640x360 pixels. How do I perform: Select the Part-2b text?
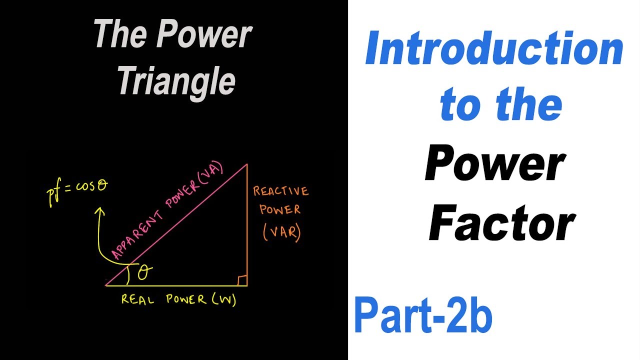click(x=423, y=316)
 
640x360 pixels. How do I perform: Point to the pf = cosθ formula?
click(x=78, y=190)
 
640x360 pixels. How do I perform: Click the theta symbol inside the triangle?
click(x=144, y=271)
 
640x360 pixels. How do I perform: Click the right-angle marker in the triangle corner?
click(x=242, y=280)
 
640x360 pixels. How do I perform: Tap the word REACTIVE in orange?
click(x=280, y=191)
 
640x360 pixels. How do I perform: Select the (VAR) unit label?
click(x=281, y=232)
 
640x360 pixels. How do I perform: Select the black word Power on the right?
click(x=495, y=165)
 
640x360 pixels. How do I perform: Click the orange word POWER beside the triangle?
click(x=280, y=210)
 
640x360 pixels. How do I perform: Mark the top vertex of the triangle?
click(x=247, y=163)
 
